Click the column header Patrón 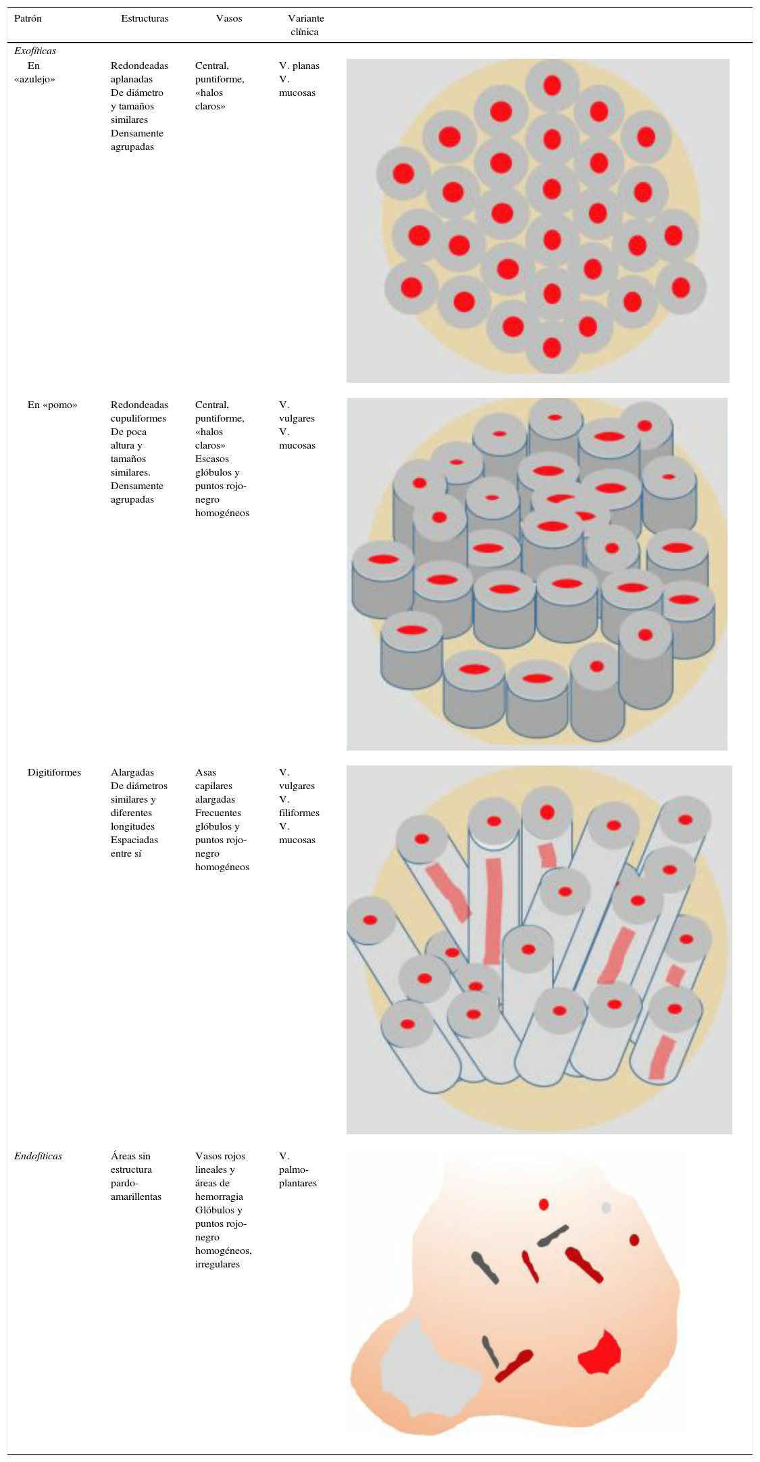28,18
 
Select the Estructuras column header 145,18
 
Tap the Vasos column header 229,18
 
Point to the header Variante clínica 305,25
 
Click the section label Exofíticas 35,51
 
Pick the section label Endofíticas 38,1156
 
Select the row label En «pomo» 52,405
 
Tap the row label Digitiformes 54,772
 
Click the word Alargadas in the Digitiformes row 132,772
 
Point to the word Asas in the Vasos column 205,772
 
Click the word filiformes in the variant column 299,813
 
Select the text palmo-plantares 297,1176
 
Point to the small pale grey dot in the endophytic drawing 606,1207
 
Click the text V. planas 299,66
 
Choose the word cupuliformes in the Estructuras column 138,418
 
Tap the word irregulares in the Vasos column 218,1264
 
